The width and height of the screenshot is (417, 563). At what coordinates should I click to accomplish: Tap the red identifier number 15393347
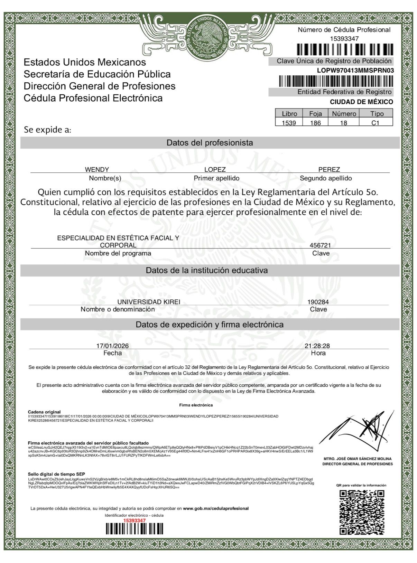point(135,520)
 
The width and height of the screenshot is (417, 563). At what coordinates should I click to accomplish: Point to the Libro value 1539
point(289,123)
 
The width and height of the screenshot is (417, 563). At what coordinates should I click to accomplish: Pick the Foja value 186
point(315,123)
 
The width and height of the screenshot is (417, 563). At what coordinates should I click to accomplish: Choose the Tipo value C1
point(376,123)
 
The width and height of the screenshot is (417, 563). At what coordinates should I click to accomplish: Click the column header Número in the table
point(344,114)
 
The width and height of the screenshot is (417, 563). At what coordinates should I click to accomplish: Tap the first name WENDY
point(97,169)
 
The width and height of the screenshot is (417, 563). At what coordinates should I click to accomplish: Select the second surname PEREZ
point(329,169)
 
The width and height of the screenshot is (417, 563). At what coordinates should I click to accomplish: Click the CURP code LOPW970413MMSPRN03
point(355,71)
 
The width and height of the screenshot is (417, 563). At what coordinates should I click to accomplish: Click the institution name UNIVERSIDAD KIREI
point(149,302)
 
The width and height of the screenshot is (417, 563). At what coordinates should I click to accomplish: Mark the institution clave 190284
point(318,302)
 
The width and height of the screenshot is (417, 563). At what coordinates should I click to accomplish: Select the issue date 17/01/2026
point(112,346)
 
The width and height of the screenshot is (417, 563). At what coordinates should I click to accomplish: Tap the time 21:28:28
point(317,346)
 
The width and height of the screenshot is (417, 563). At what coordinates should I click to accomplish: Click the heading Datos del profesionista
point(210,143)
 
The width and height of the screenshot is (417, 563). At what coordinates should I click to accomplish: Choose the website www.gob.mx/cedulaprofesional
point(215,508)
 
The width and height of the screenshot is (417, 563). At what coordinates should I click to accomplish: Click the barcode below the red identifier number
point(134,529)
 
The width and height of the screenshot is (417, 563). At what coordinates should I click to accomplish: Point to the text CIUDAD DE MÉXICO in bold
point(361,102)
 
